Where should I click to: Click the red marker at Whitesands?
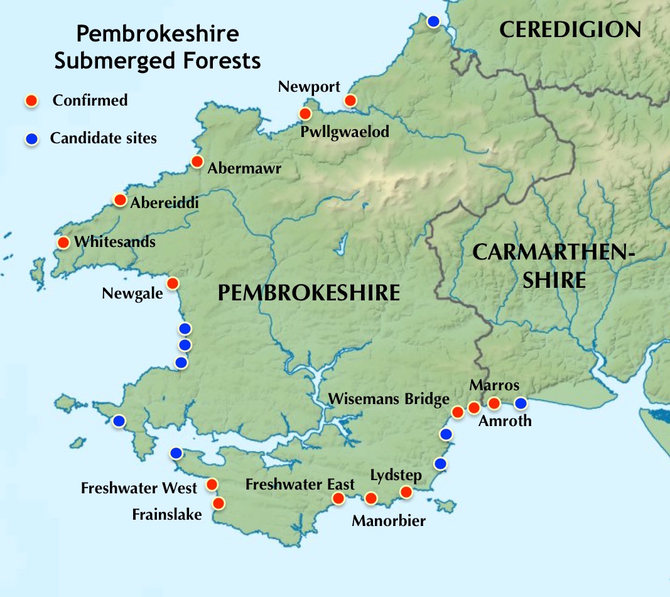pos(63,243)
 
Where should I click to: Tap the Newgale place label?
pos(132,293)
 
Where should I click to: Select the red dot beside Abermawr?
pos(197,162)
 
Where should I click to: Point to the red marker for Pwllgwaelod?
pos(305,114)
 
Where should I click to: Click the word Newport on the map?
pos(309,86)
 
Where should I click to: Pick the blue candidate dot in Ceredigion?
pos(433,21)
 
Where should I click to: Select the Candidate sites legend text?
pos(103,138)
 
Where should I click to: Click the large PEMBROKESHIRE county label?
pos(308,293)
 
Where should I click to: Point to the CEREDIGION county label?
pos(570,29)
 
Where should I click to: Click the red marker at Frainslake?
pos(219,503)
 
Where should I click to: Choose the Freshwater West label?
pos(139,488)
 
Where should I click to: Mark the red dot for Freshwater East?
pos(338,498)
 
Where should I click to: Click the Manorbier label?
pos(389,520)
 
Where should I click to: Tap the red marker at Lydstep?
pos(406,491)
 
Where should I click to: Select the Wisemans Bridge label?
pos(389,398)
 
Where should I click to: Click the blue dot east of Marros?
pos(521,403)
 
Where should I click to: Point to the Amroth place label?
pos(504,421)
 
